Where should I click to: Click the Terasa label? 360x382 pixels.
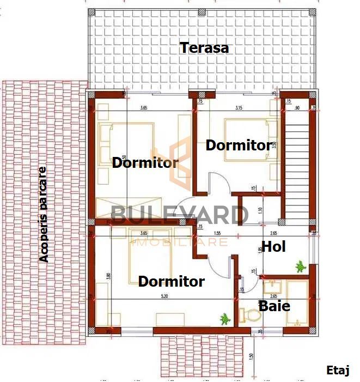tap(204, 48)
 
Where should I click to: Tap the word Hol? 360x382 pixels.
tap(274, 246)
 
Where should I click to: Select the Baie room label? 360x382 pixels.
tap(274, 306)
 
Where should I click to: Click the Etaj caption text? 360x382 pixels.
tap(338, 370)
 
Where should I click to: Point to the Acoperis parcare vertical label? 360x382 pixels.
tap(44, 214)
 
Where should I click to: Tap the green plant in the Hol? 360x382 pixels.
tap(299, 266)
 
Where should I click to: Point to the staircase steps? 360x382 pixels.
tap(296, 169)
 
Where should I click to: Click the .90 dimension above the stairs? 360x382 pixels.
tap(296, 108)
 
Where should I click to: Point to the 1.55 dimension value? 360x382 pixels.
tap(217, 233)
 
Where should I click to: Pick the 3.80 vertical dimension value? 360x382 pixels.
tap(108, 276)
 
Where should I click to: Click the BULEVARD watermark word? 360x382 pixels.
tap(179, 215)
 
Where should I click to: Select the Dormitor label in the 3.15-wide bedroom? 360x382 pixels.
tap(238, 145)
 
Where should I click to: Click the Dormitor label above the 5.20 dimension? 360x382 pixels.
tap(171, 282)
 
